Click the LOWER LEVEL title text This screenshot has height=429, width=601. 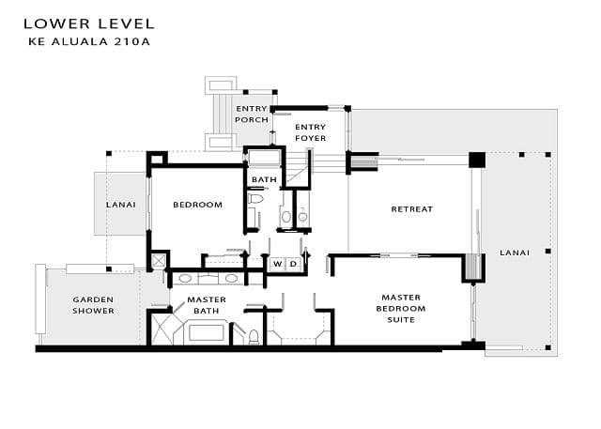(89, 24)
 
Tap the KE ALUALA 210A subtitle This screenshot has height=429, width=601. (89, 41)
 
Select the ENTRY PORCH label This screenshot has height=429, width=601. (252, 115)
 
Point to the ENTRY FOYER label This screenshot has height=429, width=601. (311, 132)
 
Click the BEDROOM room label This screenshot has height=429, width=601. (198, 205)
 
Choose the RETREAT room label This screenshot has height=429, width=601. (412, 209)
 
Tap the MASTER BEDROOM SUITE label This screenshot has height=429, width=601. (401, 308)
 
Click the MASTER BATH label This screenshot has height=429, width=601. (207, 305)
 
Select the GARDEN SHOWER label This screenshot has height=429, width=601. (93, 305)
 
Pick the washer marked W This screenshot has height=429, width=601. (278, 264)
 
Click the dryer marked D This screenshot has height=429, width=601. (293, 264)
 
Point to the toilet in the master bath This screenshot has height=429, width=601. (254, 337)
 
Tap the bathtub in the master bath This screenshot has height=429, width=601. (206, 332)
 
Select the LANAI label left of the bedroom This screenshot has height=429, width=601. (121, 205)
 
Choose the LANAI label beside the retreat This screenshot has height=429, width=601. (515, 253)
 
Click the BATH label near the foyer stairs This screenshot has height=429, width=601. (264, 179)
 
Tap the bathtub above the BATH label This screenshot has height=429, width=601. (265, 158)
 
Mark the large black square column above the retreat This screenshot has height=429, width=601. (477, 160)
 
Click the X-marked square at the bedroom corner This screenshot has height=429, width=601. (159, 261)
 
